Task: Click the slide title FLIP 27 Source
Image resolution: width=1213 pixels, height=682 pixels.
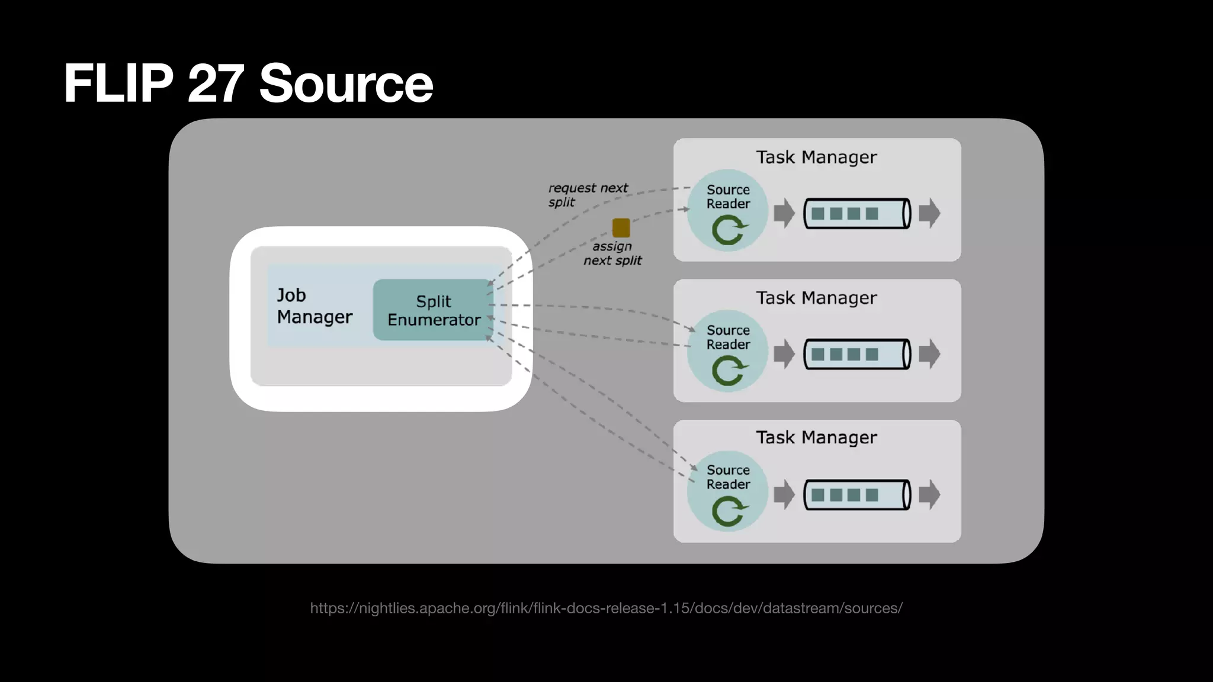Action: [x=248, y=83]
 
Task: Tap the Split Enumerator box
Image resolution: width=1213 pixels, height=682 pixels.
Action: [x=433, y=310]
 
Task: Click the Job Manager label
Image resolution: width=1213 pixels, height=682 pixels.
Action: [x=314, y=306]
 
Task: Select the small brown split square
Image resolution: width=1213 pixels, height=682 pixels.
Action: [x=621, y=227]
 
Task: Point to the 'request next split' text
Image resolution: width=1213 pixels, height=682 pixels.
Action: [x=587, y=195]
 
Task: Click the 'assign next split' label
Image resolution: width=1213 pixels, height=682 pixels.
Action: [x=612, y=253]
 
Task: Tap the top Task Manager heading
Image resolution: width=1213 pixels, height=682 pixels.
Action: [x=816, y=157]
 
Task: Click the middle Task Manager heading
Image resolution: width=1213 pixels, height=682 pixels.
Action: [x=816, y=298]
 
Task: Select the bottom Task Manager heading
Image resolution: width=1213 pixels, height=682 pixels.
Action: [x=816, y=437]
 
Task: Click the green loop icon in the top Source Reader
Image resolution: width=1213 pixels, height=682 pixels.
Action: [x=729, y=230]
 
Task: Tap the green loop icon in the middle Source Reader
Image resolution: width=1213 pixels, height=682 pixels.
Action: [x=729, y=371]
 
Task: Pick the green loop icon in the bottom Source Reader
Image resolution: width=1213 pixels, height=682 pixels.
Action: [x=729, y=511]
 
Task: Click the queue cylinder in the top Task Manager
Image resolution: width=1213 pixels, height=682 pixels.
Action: [x=856, y=214]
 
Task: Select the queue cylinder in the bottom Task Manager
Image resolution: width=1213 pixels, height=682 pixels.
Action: [x=856, y=495]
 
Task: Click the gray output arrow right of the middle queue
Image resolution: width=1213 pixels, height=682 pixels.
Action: [x=929, y=354]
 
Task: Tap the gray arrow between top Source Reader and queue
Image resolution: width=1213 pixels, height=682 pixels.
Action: [x=784, y=213]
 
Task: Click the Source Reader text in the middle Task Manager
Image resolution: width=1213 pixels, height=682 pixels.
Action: [x=728, y=337]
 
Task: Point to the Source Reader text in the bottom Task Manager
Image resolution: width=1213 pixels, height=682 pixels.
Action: [x=728, y=477]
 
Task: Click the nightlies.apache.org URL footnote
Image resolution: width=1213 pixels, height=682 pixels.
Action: [x=606, y=608]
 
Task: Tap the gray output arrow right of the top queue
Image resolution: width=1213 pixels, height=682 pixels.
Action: [x=929, y=213]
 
